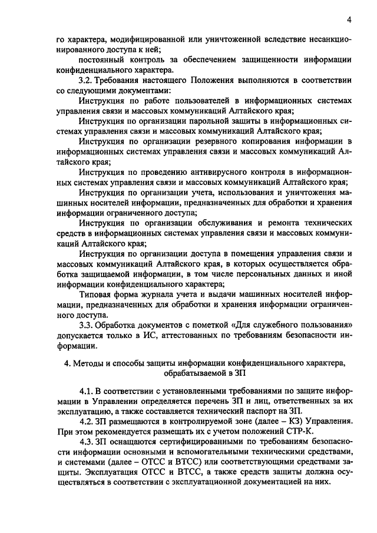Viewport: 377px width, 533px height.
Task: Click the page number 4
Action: tap(349, 20)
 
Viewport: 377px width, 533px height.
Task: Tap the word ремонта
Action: tap(276, 224)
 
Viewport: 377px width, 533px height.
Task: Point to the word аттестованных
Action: tap(180, 336)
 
